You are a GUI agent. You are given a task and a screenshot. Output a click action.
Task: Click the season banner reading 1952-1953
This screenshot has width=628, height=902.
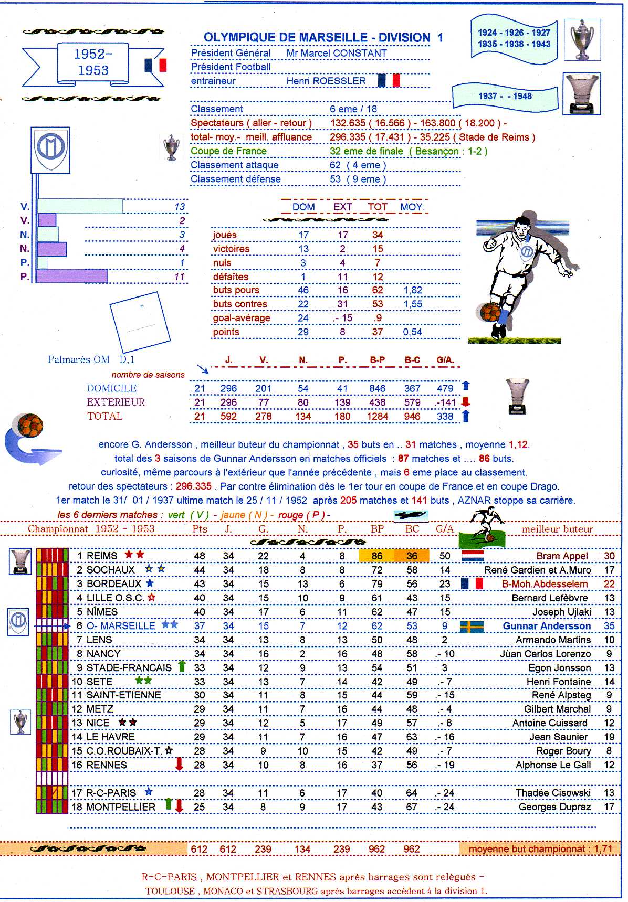click(x=93, y=62)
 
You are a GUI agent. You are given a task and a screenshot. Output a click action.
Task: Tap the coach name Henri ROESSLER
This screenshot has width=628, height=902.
click(x=326, y=81)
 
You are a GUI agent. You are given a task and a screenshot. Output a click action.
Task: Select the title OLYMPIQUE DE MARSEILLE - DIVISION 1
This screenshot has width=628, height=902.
click(x=323, y=37)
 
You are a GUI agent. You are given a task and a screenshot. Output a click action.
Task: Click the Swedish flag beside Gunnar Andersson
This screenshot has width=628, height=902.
click(x=471, y=626)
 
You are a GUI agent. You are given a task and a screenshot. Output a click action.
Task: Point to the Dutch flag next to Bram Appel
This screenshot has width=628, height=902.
click(x=472, y=556)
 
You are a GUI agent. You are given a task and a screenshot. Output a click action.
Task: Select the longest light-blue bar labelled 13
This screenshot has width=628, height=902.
click(x=80, y=206)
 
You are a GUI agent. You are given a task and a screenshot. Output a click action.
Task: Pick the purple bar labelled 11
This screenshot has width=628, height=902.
click(x=72, y=276)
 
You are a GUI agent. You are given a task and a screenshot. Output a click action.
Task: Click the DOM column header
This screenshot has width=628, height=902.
click(x=303, y=207)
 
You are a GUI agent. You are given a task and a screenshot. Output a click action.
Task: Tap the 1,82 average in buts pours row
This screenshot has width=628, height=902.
click(x=413, y=290)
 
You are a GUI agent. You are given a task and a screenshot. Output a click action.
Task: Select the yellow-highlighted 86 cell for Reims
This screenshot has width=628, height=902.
click(x=376, y=556)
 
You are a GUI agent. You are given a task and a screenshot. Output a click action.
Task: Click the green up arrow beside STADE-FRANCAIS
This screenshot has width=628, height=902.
click(x=182, y=666)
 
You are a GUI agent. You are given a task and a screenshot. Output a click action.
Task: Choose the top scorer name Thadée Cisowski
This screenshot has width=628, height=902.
click(x=553, y=792)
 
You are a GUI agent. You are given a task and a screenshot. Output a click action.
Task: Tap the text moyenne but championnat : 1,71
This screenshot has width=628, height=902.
click(x=540, y=849)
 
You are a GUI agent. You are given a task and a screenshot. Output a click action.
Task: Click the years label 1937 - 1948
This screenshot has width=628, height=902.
click(x=505, y=96)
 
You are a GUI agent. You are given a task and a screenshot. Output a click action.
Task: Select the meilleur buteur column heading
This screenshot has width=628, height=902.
click(x=557, y=529)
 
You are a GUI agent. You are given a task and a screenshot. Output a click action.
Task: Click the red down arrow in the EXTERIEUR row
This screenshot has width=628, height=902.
click(x=465, y=402)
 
